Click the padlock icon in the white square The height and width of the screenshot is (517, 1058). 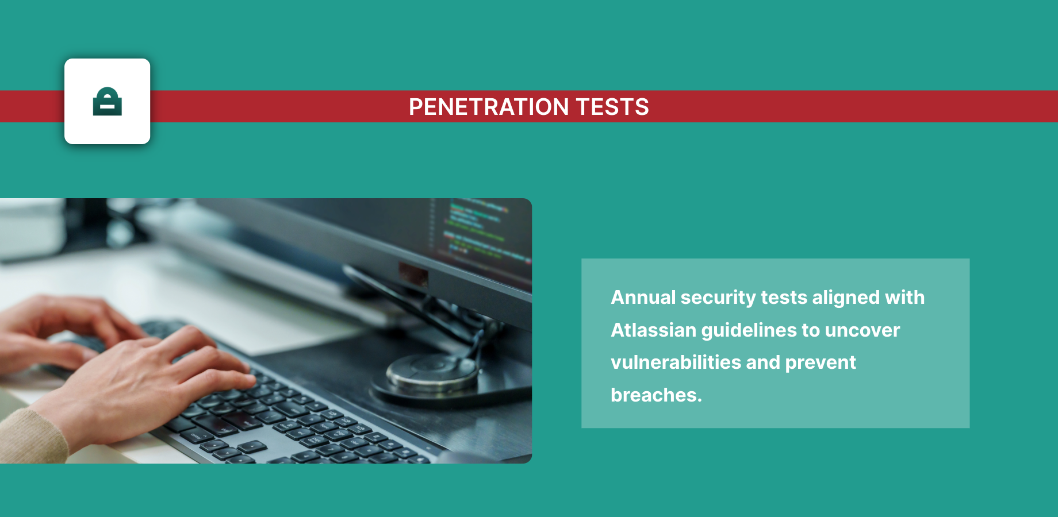coord(108,102)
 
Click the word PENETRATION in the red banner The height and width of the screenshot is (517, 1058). coord(489,107)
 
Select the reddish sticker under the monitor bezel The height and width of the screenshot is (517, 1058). coord(413,274)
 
